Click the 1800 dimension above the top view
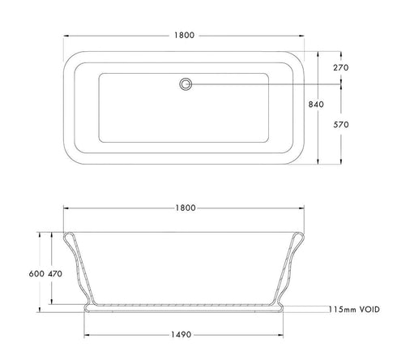tap(186, 36)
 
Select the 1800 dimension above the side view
tap(186, 208)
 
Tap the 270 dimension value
tap(340, 68)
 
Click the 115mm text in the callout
tap(343, 309)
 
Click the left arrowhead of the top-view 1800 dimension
tap(66, 36)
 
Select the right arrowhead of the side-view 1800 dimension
tap(305, 208)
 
